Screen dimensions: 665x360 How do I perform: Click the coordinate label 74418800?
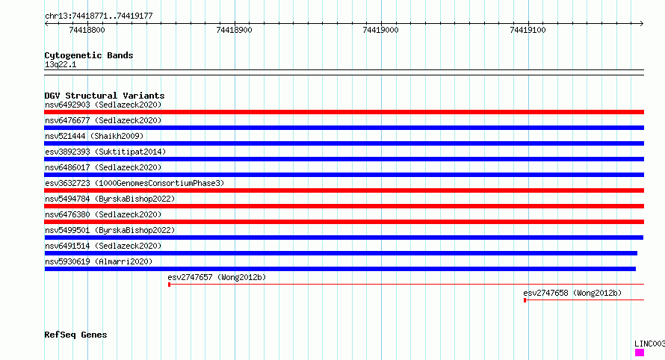coord(87,30)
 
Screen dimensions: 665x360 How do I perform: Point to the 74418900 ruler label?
coord(234,30)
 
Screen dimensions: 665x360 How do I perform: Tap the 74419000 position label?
coord(380,30)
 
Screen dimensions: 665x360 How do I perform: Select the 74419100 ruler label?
coord(528,30)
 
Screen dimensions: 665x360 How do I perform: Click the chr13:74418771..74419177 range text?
coord(99,16)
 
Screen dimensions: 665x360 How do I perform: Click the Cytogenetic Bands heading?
coord(89,55)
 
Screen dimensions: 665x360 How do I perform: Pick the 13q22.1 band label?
coord(61,64)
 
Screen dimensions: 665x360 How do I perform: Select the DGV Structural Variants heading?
coord(105,96)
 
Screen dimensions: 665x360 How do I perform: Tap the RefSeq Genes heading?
coord(75,335)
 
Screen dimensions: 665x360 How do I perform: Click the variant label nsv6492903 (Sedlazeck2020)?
coord(103,105)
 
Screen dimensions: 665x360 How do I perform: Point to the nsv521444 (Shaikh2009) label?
coord(94,136)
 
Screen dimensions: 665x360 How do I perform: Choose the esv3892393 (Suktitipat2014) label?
coord(105,152)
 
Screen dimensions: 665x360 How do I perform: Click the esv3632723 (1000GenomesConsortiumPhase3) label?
coord(134,183)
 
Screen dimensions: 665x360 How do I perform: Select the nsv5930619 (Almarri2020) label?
coord(99,261)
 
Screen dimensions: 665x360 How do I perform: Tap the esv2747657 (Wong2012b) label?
coord(217,277)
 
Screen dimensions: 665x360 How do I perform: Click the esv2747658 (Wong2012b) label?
coord(572,293)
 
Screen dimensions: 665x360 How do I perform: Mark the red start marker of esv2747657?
coord(169,285)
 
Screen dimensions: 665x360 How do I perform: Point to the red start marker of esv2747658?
coord(525,300)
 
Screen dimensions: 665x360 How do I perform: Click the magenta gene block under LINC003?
coord(640,353)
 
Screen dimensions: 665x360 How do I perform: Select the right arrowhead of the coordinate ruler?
coord(642,24)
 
